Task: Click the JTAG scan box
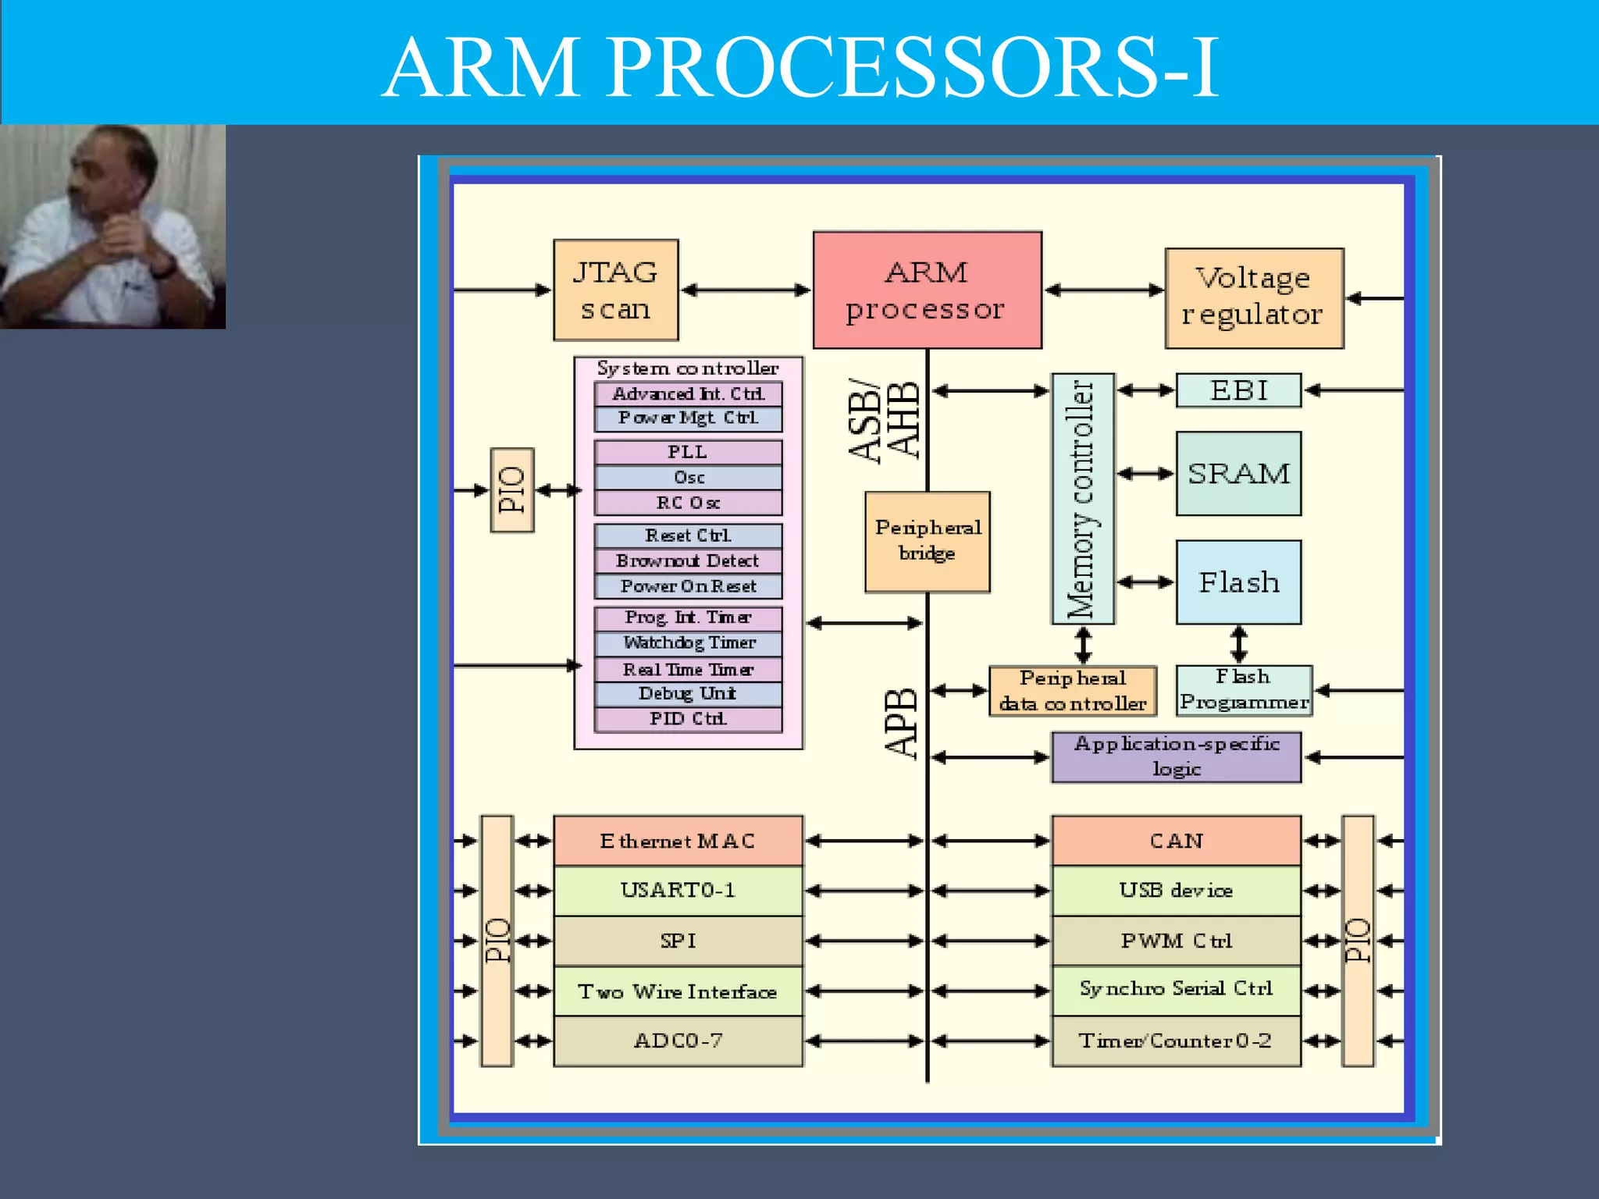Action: pyautogui.click(x=615, y=290)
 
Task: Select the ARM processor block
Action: pyautogui.click(x=927, y=290)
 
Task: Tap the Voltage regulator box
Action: pyautogui.click(x=1253, y=298)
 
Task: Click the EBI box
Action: pyautogui.click(x=1238, y=390)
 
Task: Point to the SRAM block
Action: pyautogui.click(x=1238, y=474)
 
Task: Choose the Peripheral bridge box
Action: pyautogui.click(x=927, y=542)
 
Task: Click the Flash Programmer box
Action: pyautogui.click(x=1243, y=691)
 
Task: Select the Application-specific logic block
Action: pyautogui.click(x=1176, y=757)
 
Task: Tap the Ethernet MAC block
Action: pyautogui.click(x=678, y=841)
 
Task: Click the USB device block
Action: pyautogui.click(x=1176, y=891)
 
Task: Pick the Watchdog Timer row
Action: pyautogui.click(x=688, y=643)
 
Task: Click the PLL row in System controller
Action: pyautogui.click(x=688, y=453)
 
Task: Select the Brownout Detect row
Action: pyautogui.click(x=688, y=561)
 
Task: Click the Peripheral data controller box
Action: pyautogui.click(x=1072, y=691)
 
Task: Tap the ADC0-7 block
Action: pyautogui.click(x=678, y=1041)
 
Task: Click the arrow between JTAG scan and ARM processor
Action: pyautogui.click(x=746, y=290)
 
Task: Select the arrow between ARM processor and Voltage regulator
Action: pyautogui.click(x=1103, y=290)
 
